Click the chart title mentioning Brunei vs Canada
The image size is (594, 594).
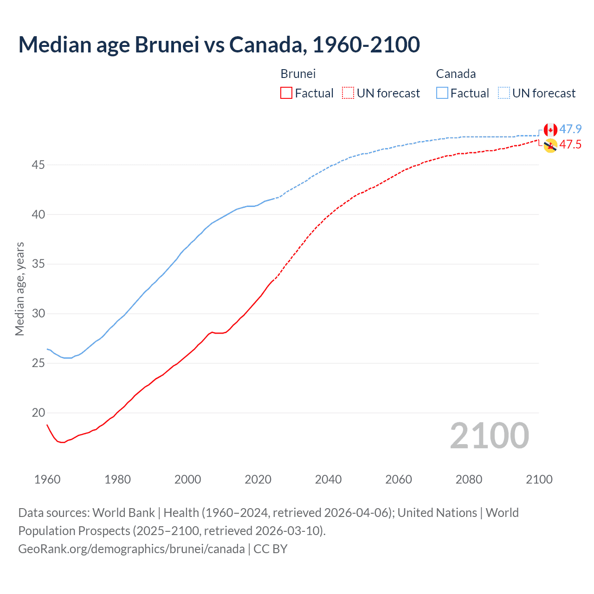[x=219, y=45]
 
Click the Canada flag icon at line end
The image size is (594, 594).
[x=550, y=130]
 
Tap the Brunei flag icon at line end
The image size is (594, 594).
[x=550, y=146]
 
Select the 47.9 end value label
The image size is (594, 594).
[x=570, y=129]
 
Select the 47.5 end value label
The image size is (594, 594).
[x=570, y=144]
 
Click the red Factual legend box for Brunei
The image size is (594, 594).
[x=286, y=93]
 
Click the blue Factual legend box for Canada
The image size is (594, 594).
[x=442, y=93]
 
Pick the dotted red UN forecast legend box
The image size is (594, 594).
[x=348, y=93]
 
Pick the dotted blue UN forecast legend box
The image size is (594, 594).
[x=504, y=93]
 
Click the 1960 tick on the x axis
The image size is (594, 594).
[x=47, y=479]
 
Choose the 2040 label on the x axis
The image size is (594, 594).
[x=328, y=479]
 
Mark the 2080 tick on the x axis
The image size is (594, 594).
[x=469, y=479]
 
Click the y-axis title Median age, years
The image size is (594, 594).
[x=19, y=289]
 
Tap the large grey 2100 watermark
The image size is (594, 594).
[x=489, y=435]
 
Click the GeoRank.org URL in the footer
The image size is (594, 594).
[x=131, y=549]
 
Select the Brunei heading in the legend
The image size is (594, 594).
[x=298, y=74]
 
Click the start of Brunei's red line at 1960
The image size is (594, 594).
[x=47, y=425]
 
